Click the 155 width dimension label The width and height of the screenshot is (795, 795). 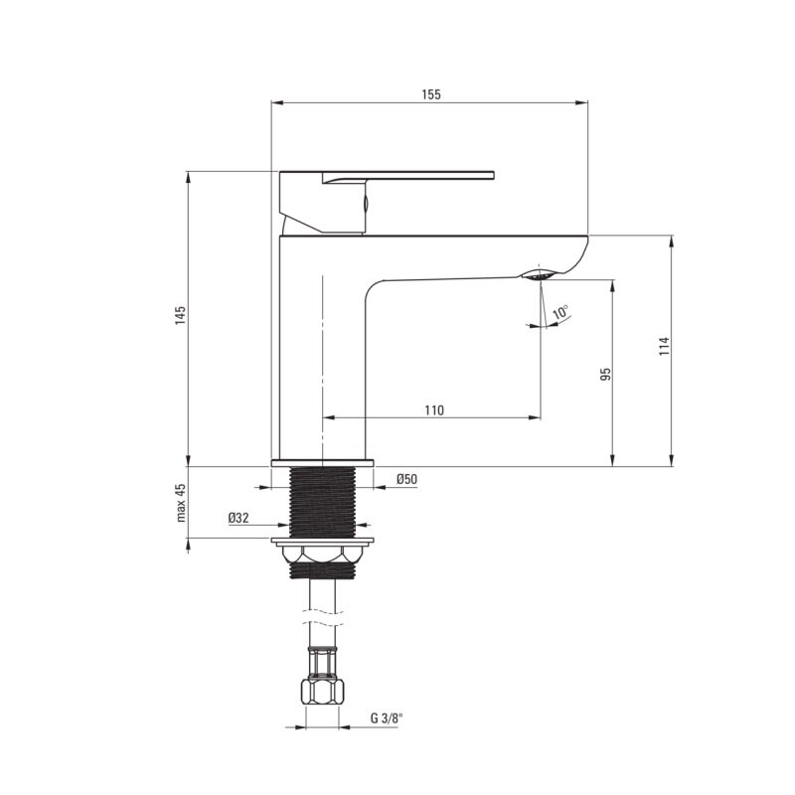[431, 94]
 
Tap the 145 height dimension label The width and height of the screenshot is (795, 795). [181, 315]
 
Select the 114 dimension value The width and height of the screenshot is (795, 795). [665, 346]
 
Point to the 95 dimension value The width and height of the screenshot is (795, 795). [606, 375]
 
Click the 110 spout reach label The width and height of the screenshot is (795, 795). [434, 410]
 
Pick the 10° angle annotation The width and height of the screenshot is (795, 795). [560, 312]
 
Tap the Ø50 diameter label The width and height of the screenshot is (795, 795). [406, 479]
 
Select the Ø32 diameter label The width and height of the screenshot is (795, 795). [238, 518]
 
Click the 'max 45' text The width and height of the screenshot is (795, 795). [181, 503]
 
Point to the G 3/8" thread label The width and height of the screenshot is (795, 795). [387, 717]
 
